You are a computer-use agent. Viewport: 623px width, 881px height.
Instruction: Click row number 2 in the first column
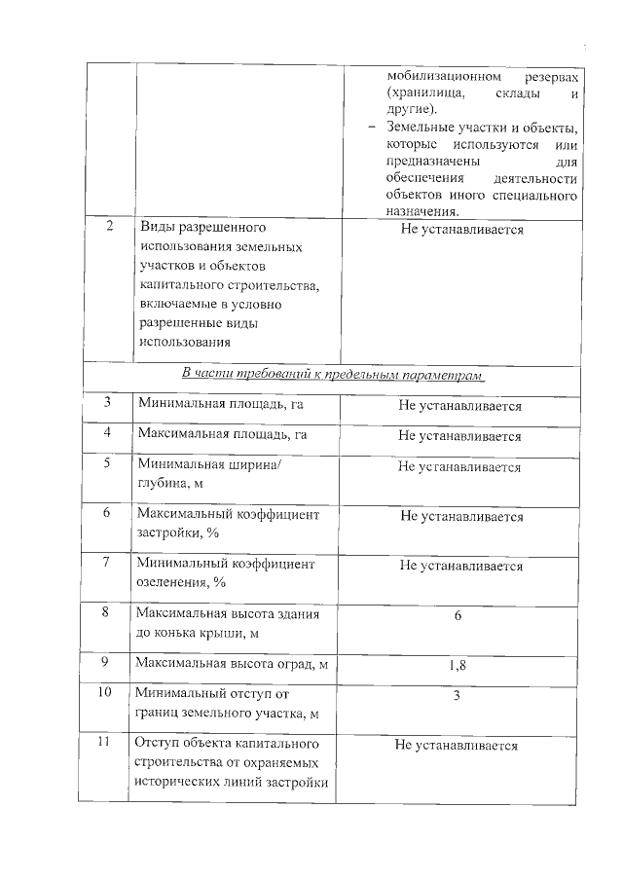tap(109, 228)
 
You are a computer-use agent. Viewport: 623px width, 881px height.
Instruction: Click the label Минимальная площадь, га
tap(222, 404)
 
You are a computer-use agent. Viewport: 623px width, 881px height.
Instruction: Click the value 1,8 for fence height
tap(457, 666)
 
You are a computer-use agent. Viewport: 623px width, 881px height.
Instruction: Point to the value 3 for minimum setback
tap(457, 696)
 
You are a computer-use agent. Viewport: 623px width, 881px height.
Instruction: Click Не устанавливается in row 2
tap(461, 230)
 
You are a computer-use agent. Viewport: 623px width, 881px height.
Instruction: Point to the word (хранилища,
tap(420, 93)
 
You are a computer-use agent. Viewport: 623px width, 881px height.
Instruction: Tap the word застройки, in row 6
tap(171, 534)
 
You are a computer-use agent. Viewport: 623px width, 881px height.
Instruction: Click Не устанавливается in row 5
tap(459, 467)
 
